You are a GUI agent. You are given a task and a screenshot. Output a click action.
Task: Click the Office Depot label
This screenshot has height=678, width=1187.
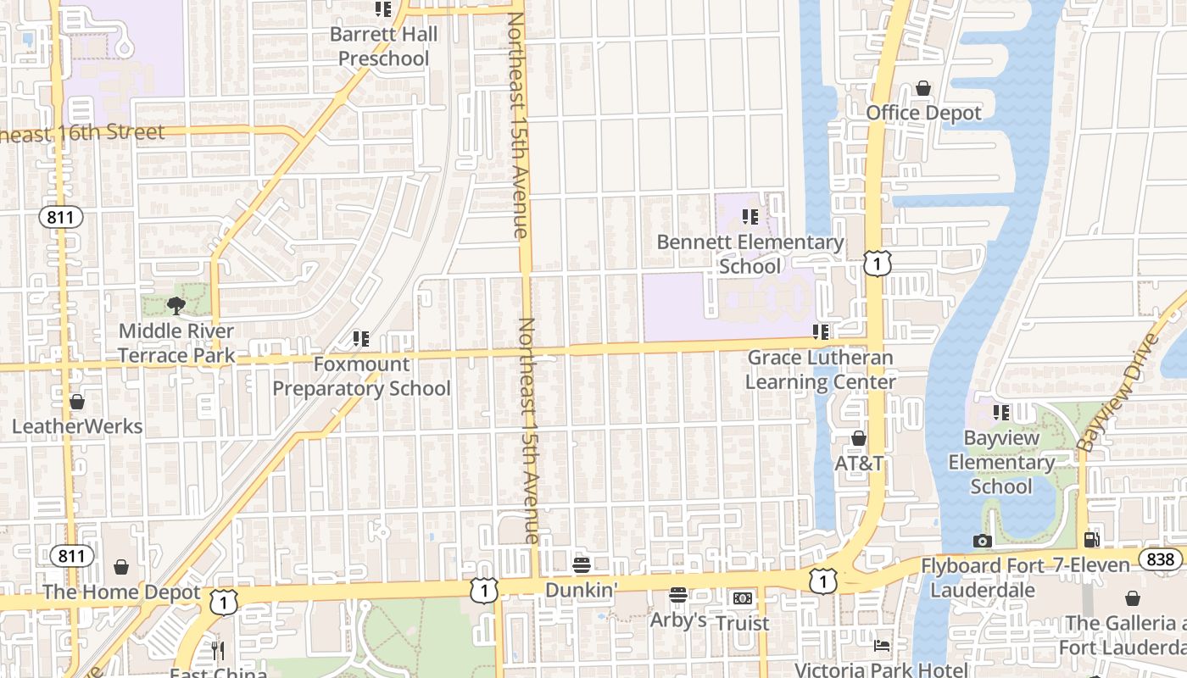(x=923, y=113)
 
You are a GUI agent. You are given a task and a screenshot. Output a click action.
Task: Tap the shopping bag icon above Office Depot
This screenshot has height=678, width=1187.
(x=923, y=88)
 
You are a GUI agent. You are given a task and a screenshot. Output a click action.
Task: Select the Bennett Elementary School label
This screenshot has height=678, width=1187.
(x=750, y=254)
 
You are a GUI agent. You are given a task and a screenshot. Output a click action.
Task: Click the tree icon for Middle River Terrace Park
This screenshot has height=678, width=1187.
(x=176, y=305)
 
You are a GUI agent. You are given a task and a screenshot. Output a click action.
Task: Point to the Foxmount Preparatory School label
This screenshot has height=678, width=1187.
(x=361, y=376)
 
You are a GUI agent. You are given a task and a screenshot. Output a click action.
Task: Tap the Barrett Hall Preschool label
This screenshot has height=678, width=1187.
(x=383, y=47)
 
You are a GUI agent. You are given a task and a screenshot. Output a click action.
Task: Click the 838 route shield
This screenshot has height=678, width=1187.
(x=1160, y=559)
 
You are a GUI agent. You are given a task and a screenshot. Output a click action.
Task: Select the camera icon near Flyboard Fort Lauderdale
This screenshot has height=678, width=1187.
(x=982, y=541)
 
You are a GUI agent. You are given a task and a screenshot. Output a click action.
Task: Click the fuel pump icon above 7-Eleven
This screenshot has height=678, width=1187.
(x=1092, y=540)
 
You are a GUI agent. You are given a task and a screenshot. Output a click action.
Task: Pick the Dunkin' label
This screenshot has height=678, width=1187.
(x=581, y=589)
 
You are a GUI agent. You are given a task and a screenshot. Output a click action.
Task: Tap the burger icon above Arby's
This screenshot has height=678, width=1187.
(x=677, y=595)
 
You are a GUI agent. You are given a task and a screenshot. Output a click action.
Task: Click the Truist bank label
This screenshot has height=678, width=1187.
(x=743, y=623)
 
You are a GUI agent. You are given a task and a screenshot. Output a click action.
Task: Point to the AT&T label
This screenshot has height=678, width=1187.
(x=859, y=464)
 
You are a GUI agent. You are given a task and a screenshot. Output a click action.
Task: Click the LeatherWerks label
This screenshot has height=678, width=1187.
(x=77, y=426)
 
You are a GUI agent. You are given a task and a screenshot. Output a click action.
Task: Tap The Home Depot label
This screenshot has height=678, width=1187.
(x=121, y=592)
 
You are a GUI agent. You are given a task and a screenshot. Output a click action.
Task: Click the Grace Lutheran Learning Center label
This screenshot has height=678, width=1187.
(x=820, y=370)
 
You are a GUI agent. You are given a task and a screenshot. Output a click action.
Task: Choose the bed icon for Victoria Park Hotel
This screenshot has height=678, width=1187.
(x=882, y=646)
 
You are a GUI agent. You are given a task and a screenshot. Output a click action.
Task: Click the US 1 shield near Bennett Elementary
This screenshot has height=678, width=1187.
(x=878, y=264)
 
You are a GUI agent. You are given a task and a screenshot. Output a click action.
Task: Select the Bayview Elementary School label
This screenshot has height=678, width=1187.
(x=1001, y=463)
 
